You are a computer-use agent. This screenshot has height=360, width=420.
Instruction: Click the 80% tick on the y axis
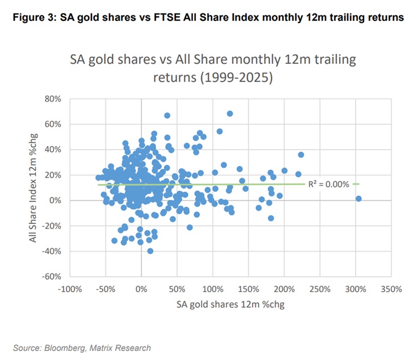point(54,99)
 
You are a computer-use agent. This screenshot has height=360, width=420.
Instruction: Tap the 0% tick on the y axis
point(56,200)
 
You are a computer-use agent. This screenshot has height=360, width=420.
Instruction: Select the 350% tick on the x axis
point(391,289)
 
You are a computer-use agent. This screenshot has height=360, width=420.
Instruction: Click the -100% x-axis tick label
point(69,289)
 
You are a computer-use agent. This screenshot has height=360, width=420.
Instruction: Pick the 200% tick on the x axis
point(284,289)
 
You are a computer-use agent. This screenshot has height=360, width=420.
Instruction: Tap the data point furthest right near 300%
point(358,199)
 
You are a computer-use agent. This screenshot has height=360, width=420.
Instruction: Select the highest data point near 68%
point(230,113)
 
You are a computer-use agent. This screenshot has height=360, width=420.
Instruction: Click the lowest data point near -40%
point(150,251)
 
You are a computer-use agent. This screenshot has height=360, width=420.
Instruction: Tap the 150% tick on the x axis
point(248,289)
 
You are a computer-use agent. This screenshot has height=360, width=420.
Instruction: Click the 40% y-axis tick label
point(54,150)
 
